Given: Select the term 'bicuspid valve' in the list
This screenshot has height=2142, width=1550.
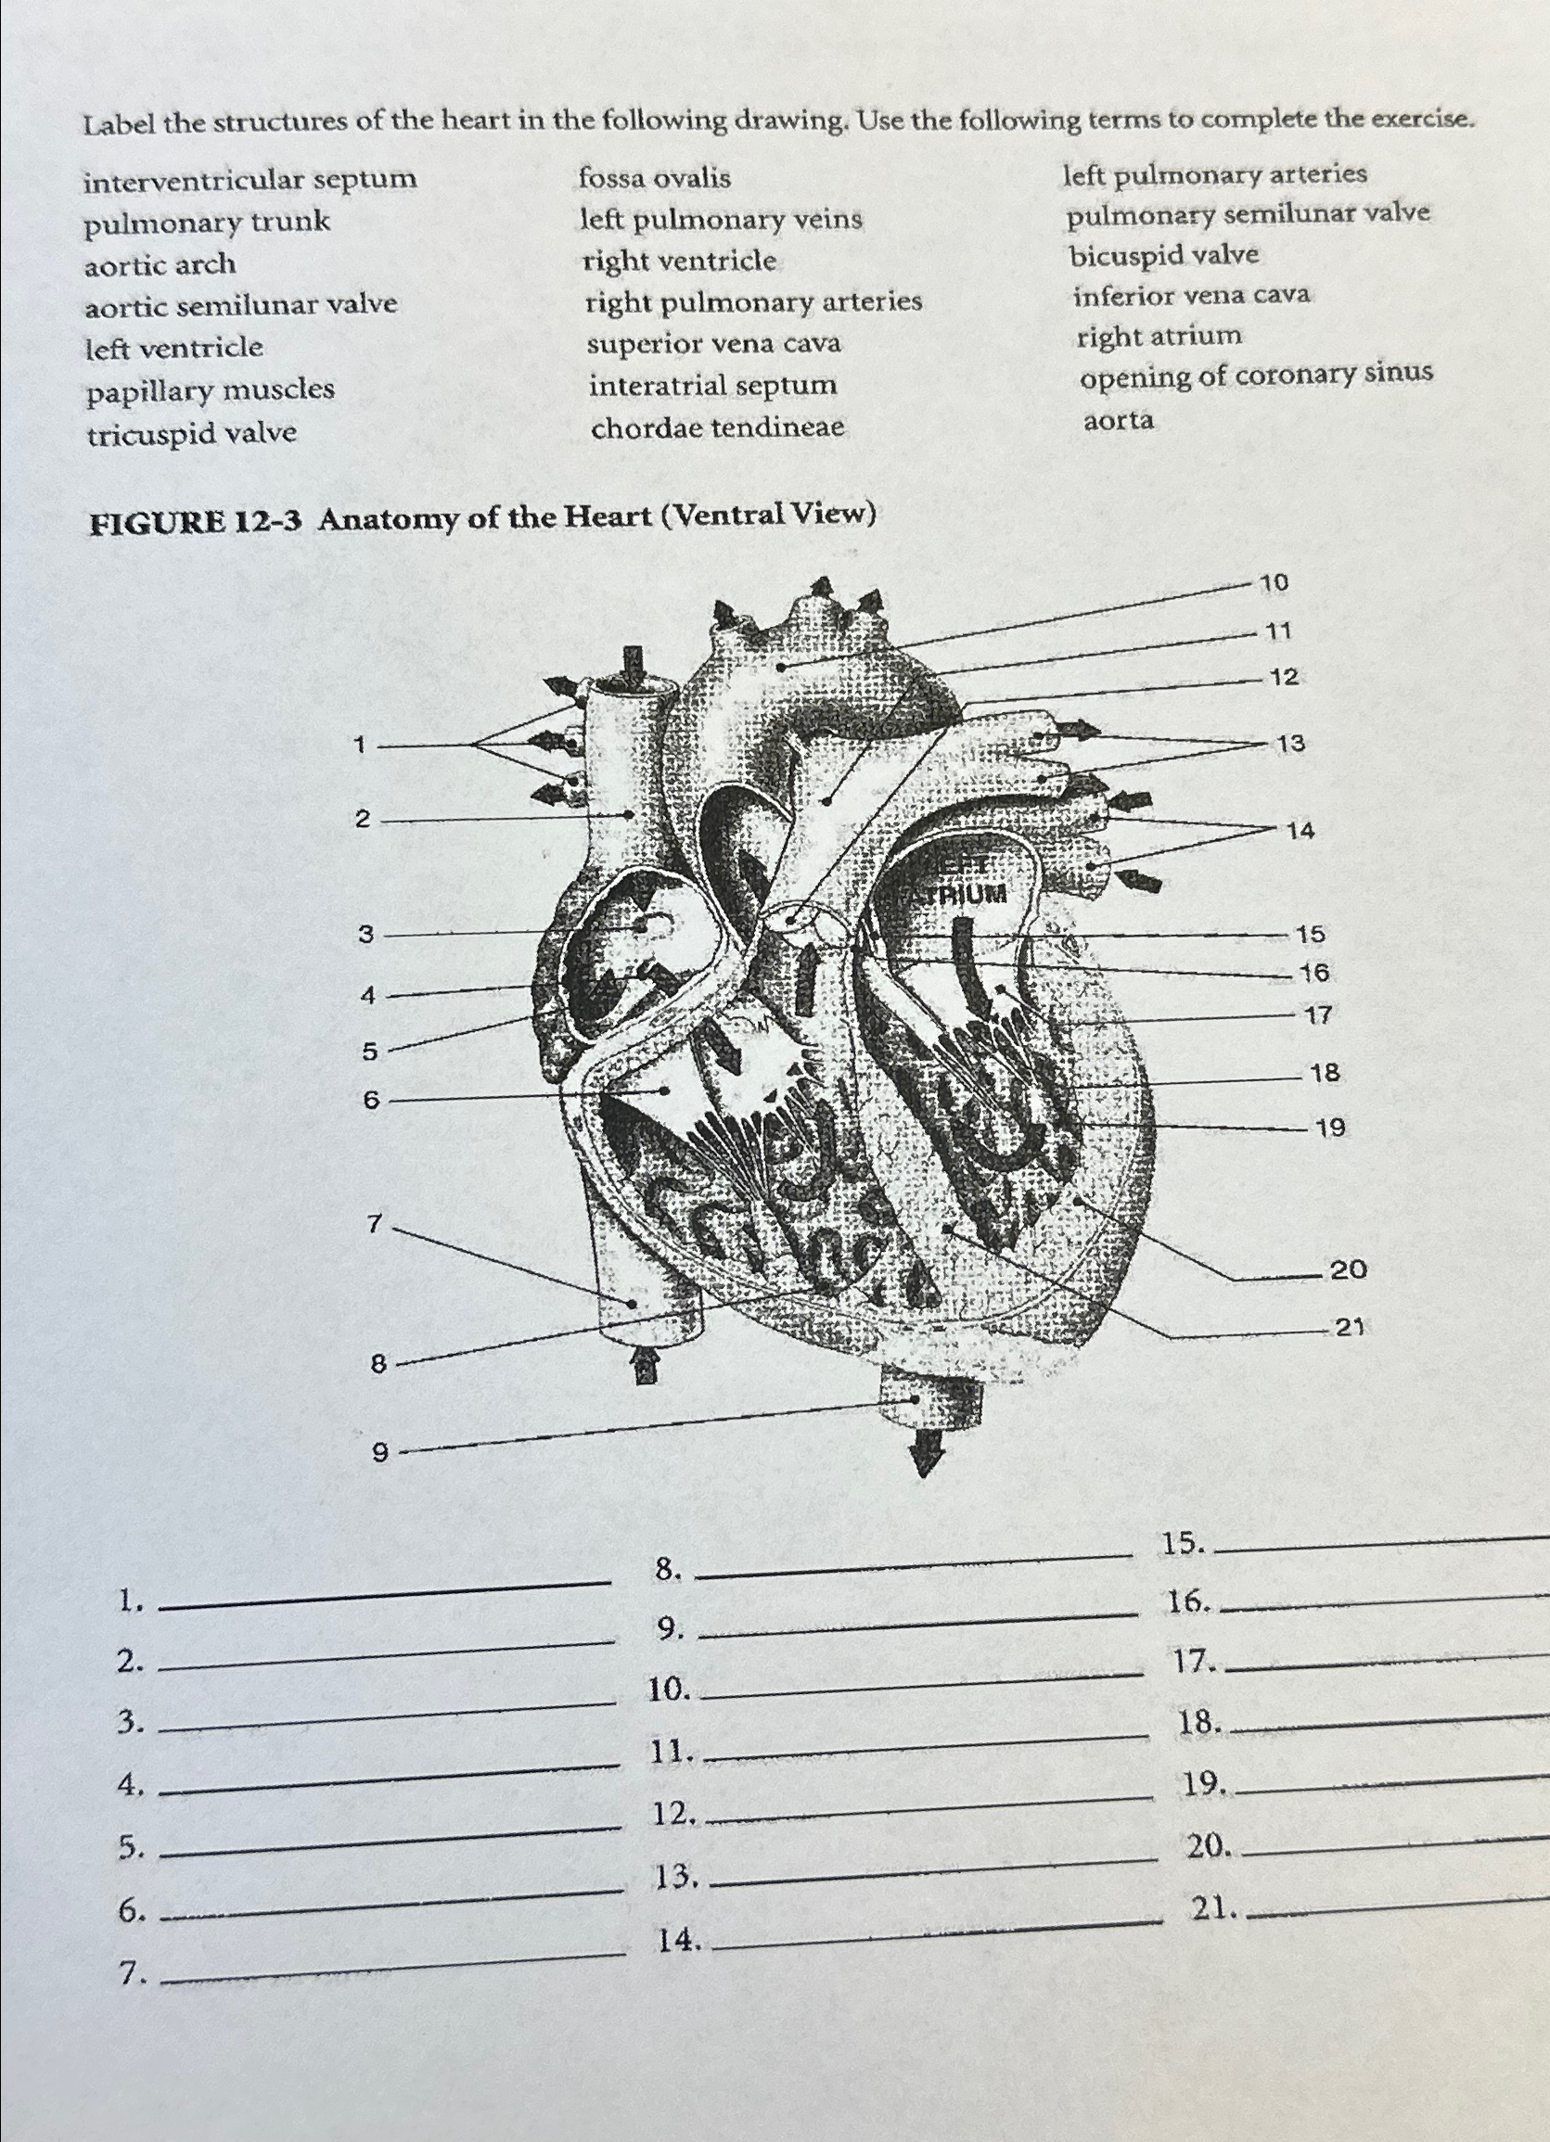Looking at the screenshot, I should pyautogui.click(x=1164, y=255).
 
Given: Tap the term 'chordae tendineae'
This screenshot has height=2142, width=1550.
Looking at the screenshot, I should pyautogui.click(x=718, y=427).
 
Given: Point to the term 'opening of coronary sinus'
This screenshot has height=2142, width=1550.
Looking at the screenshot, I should pyautogui.click(x=1256, y=376).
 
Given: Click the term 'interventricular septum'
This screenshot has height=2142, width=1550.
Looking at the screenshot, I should pyautogui.click(x=250, y=180).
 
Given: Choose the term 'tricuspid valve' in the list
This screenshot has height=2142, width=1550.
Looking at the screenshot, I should pyautogui.click(x=192, y=434).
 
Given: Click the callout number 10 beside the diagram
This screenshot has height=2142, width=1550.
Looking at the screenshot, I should pyautogui.click(x=1275, y=582).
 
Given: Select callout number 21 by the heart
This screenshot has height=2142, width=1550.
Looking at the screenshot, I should pyautogui.click(x=1349, y=1327).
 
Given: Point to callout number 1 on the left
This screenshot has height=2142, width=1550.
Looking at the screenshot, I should pyautogui.click(x=359, y=746).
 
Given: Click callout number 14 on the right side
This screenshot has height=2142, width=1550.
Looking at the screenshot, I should pyautogui.click(x=1300, y=831).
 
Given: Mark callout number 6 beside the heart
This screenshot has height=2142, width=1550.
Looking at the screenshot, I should pyautogui.click(x=370, y=1101).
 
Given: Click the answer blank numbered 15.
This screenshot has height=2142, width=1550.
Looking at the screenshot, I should pyautogui.click(x=1379, y=1546).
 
